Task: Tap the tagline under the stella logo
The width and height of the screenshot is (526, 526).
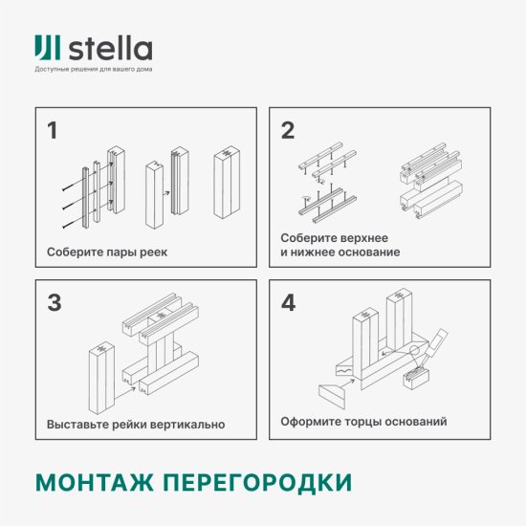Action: click(93, 70)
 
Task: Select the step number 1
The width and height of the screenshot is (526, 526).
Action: click(52, 131)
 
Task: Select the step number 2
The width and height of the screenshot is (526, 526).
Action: click(287, 131)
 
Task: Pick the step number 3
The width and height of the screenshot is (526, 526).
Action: click(54, 303)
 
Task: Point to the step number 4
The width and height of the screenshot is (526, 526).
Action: click(288, 303)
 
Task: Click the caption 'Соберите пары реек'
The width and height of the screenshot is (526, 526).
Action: click(101, 252)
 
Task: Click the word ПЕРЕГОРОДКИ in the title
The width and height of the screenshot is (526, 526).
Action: click(255, 480)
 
